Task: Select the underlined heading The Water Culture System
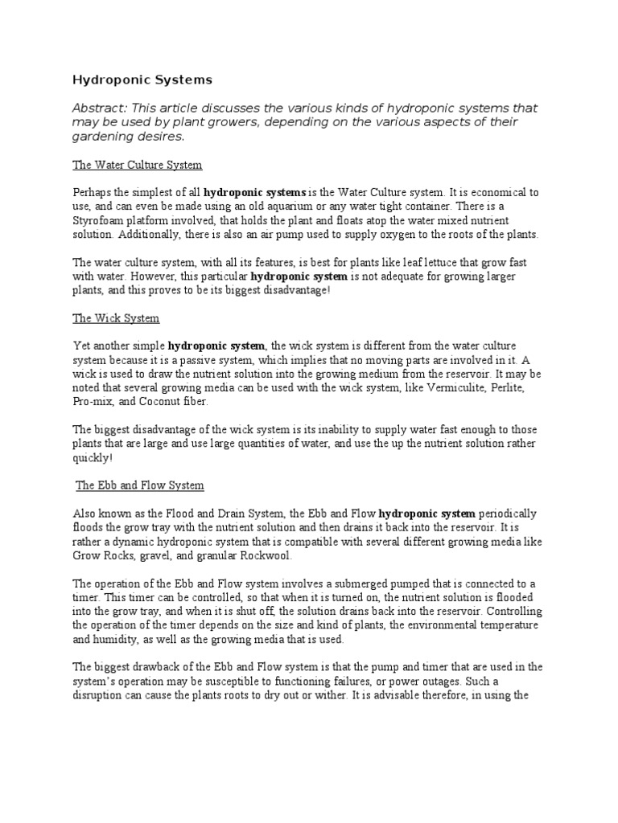138,165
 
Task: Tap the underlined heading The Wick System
116,318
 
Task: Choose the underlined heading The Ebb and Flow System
140,485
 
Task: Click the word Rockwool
266,555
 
